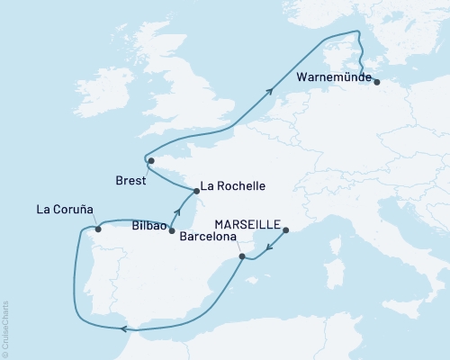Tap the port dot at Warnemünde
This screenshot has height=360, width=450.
point(376,83)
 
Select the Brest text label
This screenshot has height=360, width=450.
point(133,178)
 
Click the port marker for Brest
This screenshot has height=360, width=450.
point(151,161)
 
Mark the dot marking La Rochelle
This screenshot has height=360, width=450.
point(195,191)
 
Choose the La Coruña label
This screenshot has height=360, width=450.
point(66,211)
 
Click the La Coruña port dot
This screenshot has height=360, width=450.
point(98,229)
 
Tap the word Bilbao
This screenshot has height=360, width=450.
point(149,228)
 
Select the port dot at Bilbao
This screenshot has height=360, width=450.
point(171,231)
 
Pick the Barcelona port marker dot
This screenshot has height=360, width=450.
point(241,257)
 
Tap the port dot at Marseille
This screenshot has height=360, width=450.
point(286,231)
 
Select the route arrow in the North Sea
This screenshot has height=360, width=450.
point(269,89)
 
